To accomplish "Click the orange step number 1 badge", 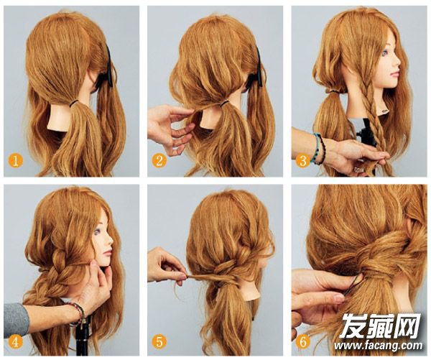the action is pyautogui.click(x=16, y=160).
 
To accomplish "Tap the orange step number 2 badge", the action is pyautogui.click(x=159, y=160).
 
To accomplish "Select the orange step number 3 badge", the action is pyautogui.click(x=303, y=160).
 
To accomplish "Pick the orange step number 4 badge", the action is pyautogui.click(x=16, y=341).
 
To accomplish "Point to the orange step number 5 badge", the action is pyautogui.click(x=159, y=341).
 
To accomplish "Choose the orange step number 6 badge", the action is pyautogui.click(x=303, y=341).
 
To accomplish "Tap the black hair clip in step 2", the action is pyautogui.click(x=258, y=68).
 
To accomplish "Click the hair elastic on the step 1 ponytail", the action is pyautogui.click(x=74, y=103).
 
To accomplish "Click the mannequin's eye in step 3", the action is pyautogui.click(x=383, y=54).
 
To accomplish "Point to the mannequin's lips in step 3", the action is pyautogui.click(x=394, y=74).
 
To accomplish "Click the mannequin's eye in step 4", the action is pyautogui.click(x=97, y=232).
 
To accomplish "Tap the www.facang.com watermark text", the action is pyautogui.click(x=379, y=346).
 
